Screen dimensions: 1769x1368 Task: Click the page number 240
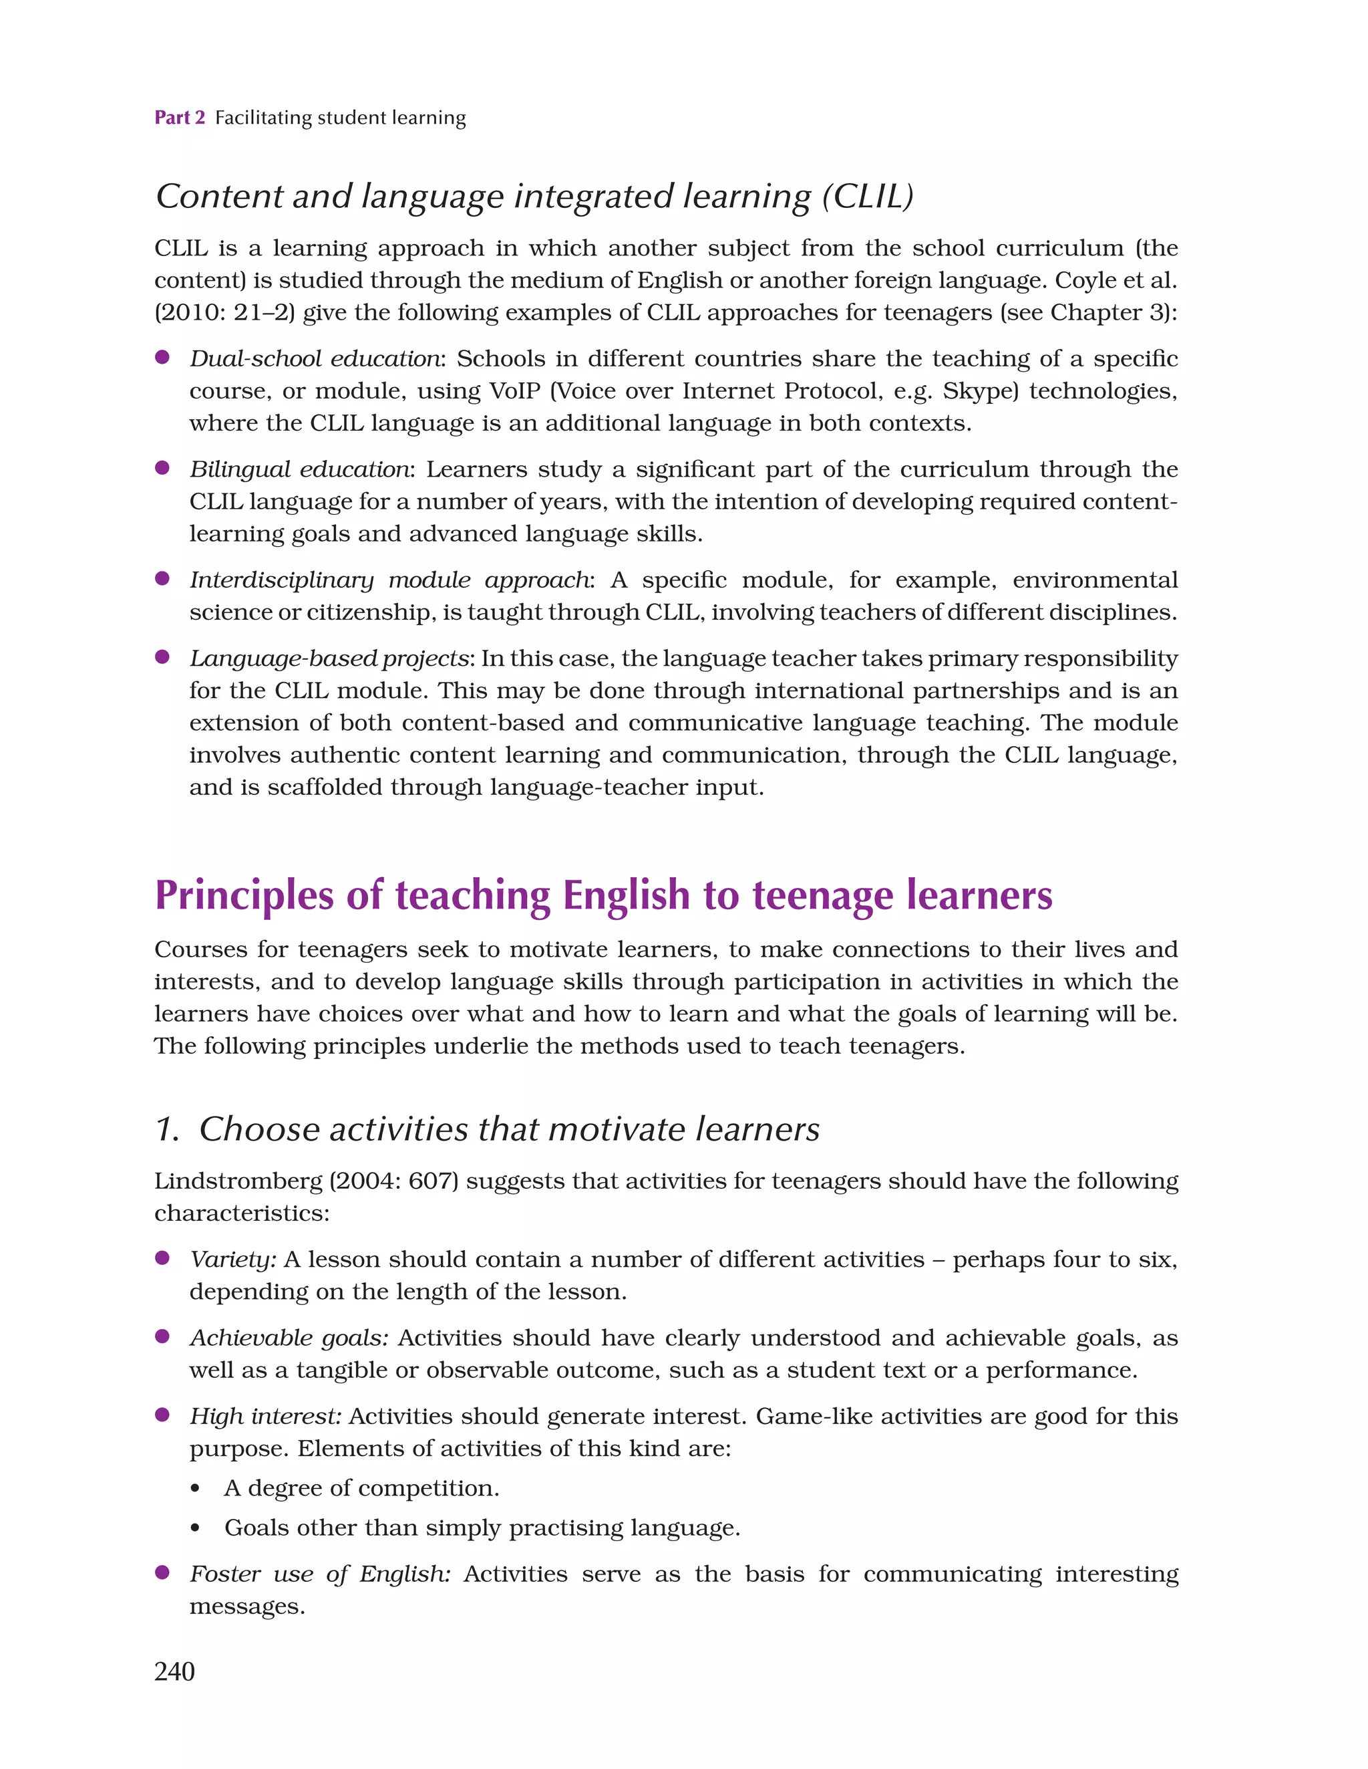[x=174, y=1671]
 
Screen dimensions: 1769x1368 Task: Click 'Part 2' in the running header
[x=180, y=118]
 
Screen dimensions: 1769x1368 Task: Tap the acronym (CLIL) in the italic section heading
[x=868, y=197]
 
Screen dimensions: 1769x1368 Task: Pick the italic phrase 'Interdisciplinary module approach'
[x=390, y=580]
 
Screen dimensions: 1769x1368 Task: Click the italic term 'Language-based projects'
[x=329, y=659]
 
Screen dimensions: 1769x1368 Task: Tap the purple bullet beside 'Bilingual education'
[x=162, y=468]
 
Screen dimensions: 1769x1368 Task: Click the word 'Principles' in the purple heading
[x=243, y=896]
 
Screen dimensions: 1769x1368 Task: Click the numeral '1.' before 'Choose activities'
[x=167, y=1129]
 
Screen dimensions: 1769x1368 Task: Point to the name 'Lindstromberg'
[x=238, y=1182]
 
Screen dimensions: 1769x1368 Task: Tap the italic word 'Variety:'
[x=233, y=1260]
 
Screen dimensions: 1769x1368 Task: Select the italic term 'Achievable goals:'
[x=289, y=1338]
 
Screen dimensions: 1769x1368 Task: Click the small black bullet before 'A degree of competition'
[x=195, y=1489]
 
